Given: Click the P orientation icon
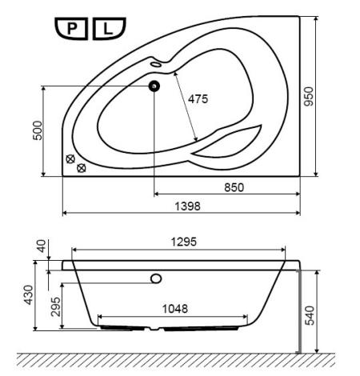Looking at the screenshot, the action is [x=71, y=29].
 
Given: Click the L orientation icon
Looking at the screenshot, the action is [x=109, y=29].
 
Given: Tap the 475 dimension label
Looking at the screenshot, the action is [x=198, y=99].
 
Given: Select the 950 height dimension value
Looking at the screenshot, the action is [x=309, y=97].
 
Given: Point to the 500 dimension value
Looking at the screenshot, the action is [x=38, y=130].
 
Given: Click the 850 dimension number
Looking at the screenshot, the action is [x=234, y=187].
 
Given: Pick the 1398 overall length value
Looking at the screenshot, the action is [x=187, y=206].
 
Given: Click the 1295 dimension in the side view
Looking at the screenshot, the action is [x=184, y=242].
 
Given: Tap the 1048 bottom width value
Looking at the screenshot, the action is [x=175, y=309].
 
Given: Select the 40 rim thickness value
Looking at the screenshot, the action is [x=42, y=246].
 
